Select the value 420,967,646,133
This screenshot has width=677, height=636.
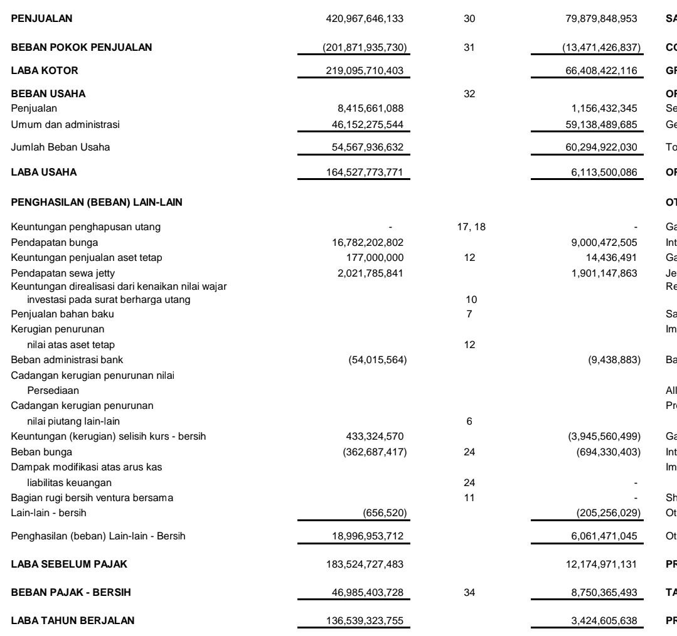[x=361, y=19]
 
